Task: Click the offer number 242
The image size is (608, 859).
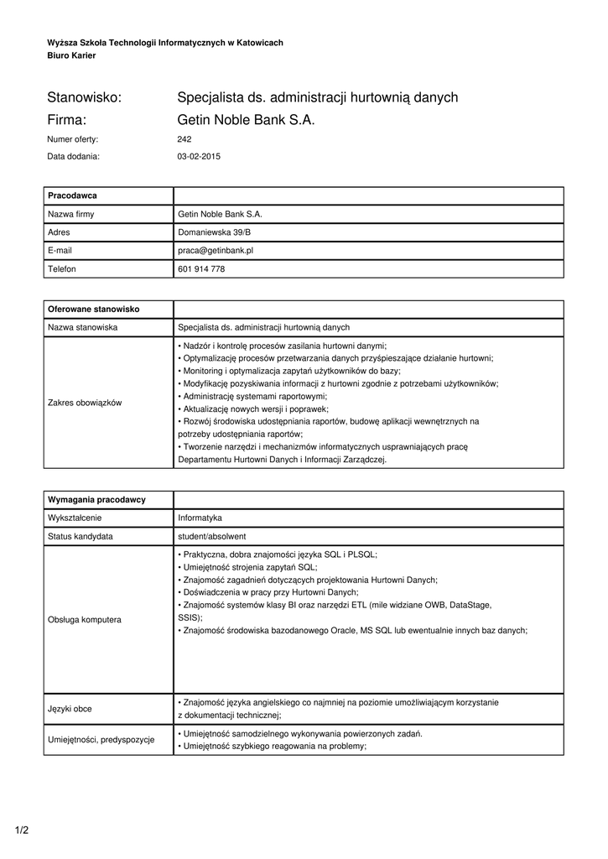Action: tap(184, 139)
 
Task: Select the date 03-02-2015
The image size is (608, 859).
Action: tap(199, 156)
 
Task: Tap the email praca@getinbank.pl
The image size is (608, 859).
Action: tap(216, 250)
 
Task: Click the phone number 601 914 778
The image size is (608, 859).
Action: tap(201, 268)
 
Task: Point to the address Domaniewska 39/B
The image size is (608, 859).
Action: tap(214, 232)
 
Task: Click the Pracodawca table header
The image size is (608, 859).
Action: tap(73, 195)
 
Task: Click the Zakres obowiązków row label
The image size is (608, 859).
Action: tap(85, 403)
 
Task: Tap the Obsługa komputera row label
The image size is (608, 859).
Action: tap(85, 619)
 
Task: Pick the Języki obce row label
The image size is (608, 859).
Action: tap(70, 708)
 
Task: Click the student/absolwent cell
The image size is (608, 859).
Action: tap(211, 536)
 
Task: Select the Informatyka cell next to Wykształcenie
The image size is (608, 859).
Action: tap(200, 518)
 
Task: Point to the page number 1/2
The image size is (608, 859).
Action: tap(22, 830)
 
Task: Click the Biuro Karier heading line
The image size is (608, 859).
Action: tap(71, 55)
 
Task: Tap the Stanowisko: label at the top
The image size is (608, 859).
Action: tap(85, 97)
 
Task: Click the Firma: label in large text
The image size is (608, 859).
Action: tap(68, 120)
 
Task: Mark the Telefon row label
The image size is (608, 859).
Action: tap(62, 268)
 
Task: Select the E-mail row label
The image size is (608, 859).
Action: tap(60, 250)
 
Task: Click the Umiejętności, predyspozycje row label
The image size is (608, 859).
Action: tap(101, 739)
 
